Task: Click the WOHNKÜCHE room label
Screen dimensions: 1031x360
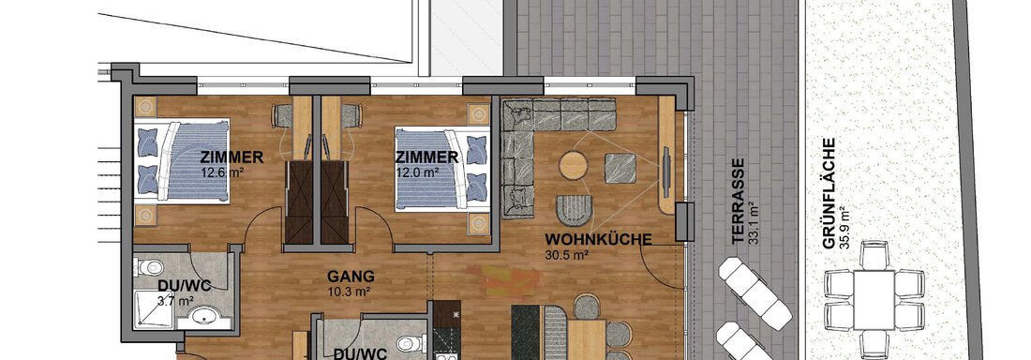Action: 598,240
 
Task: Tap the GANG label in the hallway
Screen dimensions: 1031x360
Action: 351,277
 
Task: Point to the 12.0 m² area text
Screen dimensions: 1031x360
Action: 417,172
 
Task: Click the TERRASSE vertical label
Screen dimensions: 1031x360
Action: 739,201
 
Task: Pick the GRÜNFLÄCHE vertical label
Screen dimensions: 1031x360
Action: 829,193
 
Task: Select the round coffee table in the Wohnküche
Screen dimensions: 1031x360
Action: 573,165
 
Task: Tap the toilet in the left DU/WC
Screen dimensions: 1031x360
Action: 150,268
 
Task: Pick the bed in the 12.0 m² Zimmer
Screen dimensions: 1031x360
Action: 442,169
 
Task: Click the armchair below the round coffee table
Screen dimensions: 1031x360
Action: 574,211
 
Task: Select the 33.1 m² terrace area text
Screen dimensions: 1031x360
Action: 754,222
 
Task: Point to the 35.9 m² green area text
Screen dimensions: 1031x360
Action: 844,227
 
